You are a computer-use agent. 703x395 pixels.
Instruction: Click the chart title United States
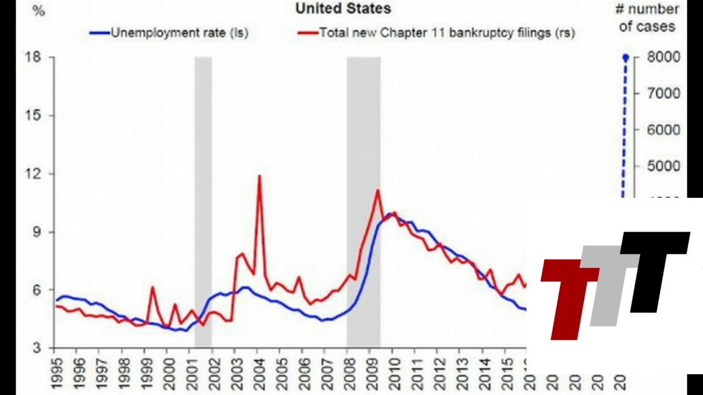(x=343, y=8)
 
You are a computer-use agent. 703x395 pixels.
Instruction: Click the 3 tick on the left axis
(x=37, y=348)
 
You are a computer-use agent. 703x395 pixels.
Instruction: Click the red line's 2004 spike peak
(x=259, y=176)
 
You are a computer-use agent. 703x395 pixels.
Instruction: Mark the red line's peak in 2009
(x=377, y=190)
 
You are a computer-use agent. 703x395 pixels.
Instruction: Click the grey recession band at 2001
(x=203, y=202)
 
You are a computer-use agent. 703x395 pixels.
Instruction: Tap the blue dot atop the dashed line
(x=626, y=58)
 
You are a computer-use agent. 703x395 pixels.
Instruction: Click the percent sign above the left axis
(x=38, y=10)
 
